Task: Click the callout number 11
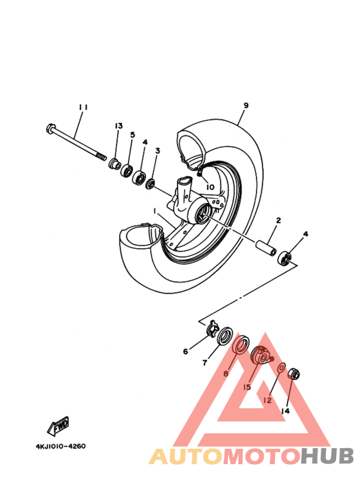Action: click(82, 107)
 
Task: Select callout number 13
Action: click(118, 125)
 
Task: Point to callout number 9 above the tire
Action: click(246, 105)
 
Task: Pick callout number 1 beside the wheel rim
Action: click(154, 211)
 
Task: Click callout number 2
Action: click(278, 221)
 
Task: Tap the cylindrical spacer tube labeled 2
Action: click(267, 248)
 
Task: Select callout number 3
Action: click(157, 150)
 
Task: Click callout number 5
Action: click(132, 135)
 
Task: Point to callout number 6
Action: click(186, 351)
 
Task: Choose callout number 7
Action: click(205, 363)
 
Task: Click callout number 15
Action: click(247, 387)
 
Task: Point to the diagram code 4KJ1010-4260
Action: click(60, 446)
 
